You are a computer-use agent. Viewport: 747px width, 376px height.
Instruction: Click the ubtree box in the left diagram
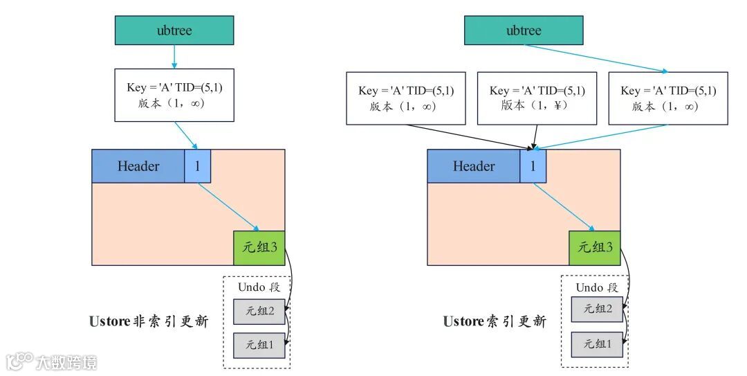(174, 30)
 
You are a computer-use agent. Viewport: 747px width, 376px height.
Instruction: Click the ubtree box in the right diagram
(523, 30)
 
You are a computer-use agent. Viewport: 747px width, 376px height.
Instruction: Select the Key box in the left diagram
(174, 96)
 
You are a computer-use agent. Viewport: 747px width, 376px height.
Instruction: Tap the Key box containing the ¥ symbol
(537, 98)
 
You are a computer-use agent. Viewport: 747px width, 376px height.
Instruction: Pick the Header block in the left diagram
(138, 166)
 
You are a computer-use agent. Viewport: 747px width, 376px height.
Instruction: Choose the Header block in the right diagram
(474, 166)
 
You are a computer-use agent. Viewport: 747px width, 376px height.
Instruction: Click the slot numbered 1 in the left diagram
(197, 166)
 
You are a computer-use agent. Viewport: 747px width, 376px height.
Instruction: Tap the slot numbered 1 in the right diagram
(533, 166)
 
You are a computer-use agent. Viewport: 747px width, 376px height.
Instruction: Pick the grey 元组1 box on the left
(259, 344)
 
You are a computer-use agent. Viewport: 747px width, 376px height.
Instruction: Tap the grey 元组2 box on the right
(596, 309)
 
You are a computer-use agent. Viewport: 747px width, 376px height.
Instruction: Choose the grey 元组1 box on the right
(596, 343)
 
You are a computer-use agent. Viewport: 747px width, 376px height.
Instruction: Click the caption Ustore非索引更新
(149, 321)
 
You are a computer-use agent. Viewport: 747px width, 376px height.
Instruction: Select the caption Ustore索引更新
(495, 321)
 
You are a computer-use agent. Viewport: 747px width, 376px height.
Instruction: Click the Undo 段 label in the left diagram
(259, 287)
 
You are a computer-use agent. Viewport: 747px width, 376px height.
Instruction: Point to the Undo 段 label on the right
(596, 287)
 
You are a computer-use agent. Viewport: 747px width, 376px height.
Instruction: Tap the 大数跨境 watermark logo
(52, 361)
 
